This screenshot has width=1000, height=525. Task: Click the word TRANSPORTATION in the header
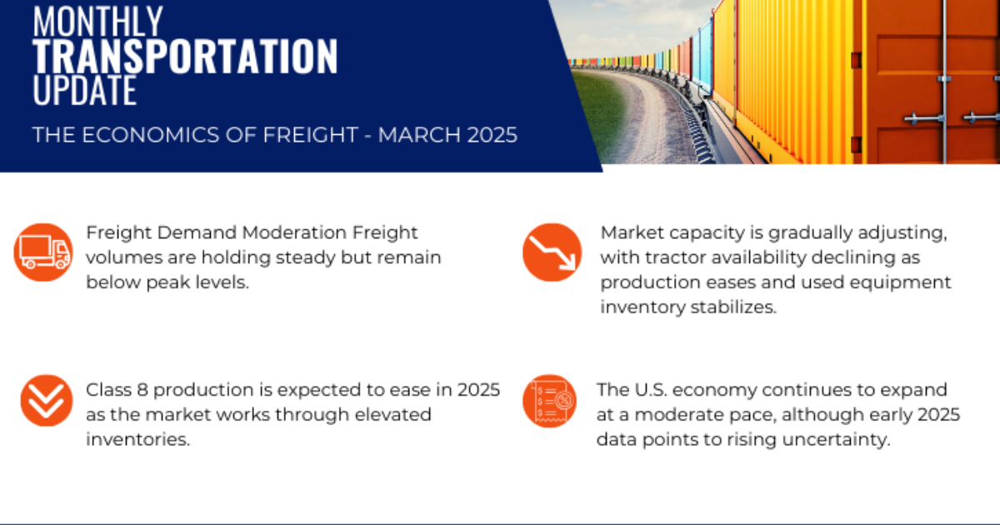pos(185,57)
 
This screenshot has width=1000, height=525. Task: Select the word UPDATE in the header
pos(84,90)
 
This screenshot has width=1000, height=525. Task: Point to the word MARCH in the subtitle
pos(407,135)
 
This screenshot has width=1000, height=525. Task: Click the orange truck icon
pos(43,252)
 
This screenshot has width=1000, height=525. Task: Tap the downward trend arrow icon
pos(552,252)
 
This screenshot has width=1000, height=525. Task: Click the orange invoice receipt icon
pos(549,401)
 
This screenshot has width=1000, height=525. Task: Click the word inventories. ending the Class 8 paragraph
pos(138,438)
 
